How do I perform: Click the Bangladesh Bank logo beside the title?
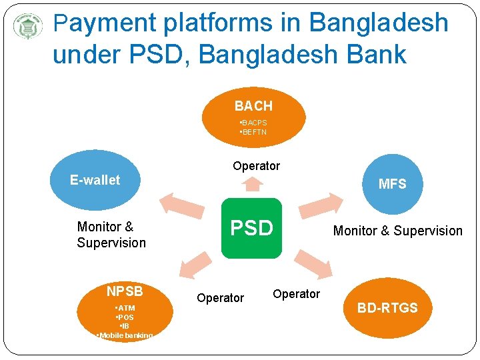coord(28,27)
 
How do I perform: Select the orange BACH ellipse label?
coord(253,106)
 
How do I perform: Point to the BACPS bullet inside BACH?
coord(253,123)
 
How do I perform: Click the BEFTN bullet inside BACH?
coord(253,132)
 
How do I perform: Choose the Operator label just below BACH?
coord(256,165)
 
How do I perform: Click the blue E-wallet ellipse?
coord(95,180)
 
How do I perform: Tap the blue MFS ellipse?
coord(392,183)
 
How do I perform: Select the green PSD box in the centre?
coord(251,228)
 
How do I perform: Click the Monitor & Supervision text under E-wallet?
coord(111,235)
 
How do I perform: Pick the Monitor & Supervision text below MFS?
coord(397,231)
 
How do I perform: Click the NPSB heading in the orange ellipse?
coord(125,291)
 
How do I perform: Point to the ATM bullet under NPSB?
coord(125,308)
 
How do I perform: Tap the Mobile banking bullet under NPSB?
coord(125,335)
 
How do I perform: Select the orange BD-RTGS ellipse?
coord(387,307)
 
